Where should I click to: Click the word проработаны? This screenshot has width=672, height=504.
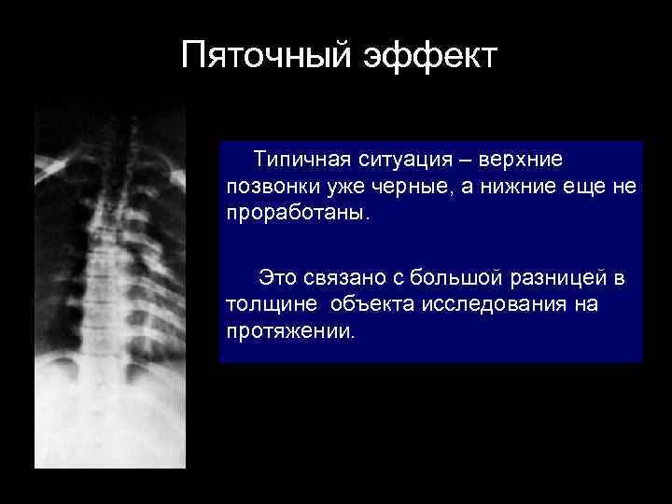[x=296, y=213]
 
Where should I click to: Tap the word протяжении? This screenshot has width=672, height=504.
[x=289, y=329]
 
